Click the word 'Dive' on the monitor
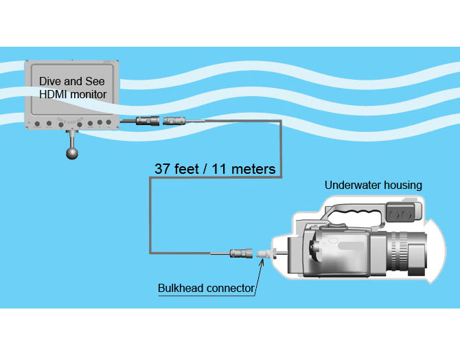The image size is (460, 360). [50, 81]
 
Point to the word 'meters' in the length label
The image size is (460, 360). [252, 168]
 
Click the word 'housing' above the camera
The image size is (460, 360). [402, 185]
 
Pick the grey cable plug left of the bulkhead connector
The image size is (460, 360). [240, 254]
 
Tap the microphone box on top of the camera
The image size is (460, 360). [400, 213]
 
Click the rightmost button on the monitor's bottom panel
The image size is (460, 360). [110, 124]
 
